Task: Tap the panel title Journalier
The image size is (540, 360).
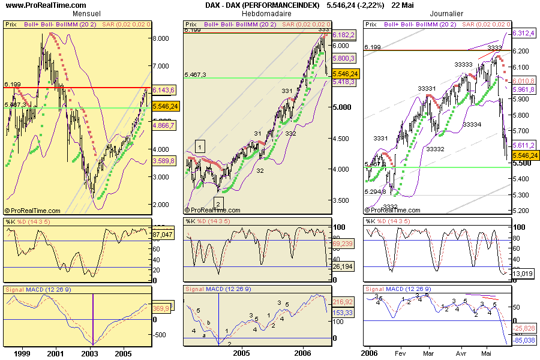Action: point(447,13)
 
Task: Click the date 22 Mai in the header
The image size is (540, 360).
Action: point(403,5)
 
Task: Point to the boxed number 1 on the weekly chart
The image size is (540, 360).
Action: point(200,145)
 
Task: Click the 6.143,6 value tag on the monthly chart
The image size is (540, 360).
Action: point(164,90)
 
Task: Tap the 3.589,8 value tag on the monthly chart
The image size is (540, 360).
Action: point(164,161)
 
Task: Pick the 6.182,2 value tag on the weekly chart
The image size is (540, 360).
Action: point(344,36)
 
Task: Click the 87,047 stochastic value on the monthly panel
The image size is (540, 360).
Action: point(163,234)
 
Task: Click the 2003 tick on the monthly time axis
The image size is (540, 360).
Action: point(90,354)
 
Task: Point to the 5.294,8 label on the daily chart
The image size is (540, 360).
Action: point(376,192)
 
